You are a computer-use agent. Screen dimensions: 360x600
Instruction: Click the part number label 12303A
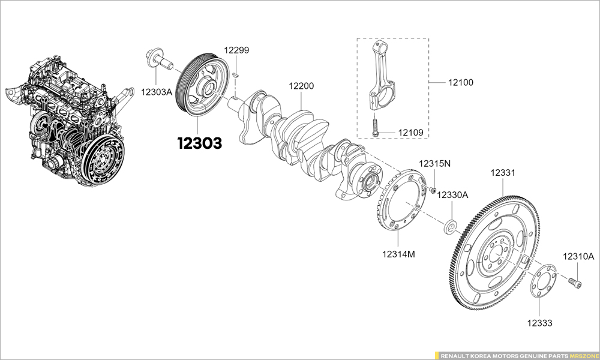coord(157,92)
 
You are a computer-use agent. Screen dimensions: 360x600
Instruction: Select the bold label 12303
coord(199,143)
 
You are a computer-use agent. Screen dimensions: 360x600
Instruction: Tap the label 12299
coord(236,50)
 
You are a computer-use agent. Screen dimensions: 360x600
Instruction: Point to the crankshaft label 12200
coord(301,86)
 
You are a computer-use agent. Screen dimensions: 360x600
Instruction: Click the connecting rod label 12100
coord(460,82)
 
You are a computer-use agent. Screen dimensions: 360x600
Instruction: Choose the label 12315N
coord(435,164)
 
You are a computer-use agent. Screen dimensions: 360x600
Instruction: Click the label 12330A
coord(452,195)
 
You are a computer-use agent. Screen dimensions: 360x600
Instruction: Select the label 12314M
coord(398,254)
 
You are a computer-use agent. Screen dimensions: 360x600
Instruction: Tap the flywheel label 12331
coord(503,173)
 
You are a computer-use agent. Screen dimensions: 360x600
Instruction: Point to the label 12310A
coord(578,257)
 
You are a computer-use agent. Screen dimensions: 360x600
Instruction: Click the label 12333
coord(540,323)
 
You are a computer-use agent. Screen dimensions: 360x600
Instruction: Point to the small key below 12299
coord(236,75)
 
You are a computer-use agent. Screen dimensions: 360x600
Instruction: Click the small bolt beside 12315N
coord(432,191)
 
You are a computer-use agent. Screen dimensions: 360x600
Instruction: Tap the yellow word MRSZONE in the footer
coord(582,355)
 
